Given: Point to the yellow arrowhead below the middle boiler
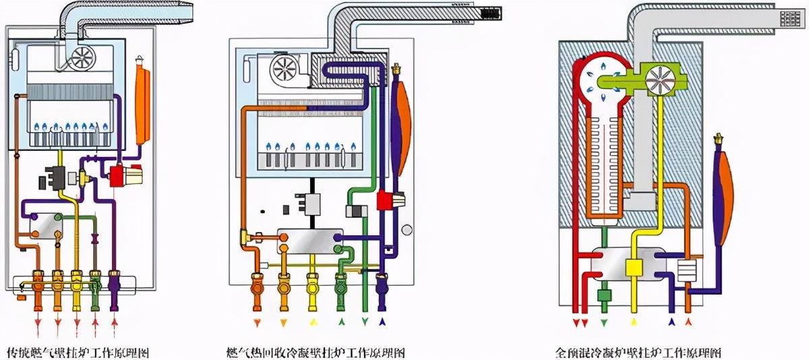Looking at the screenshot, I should coord(311,321).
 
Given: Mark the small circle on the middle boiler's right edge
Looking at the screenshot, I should coord(407,229).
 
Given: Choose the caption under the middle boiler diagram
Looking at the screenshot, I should coord(316,353).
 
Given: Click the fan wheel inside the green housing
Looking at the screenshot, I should coord(657,79).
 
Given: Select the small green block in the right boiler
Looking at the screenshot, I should coord(603,295).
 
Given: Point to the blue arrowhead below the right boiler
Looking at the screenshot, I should coord(671,322).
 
